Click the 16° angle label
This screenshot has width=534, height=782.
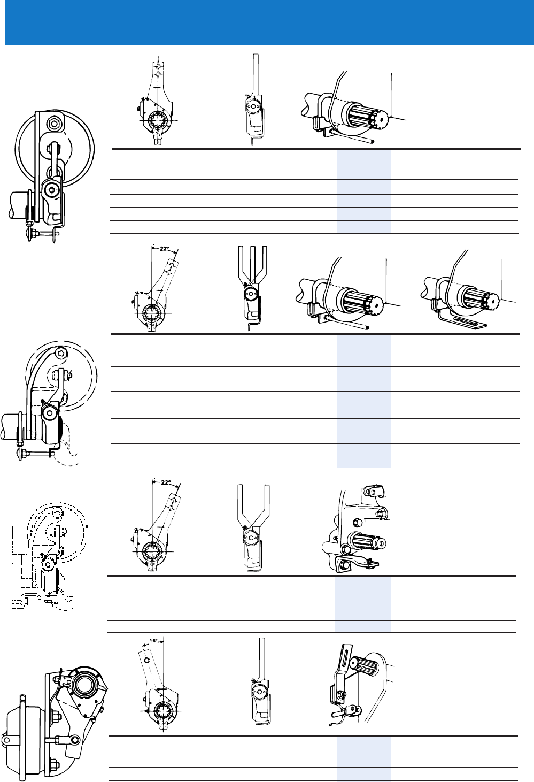(x=153, y=641)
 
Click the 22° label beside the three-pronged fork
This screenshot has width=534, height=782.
(x=165, y=249)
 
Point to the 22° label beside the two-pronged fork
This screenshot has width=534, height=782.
(x=166, y=482)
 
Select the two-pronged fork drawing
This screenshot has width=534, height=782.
(x=253, y=528)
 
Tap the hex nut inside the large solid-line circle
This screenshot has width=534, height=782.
(x=55, y=123)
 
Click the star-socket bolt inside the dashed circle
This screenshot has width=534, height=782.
(x=61, y=354)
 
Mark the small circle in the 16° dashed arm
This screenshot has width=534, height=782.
(x=146, y=659)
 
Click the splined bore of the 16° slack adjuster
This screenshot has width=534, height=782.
(x=163, y=710)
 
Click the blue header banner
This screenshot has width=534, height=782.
(x=269, y=22)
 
